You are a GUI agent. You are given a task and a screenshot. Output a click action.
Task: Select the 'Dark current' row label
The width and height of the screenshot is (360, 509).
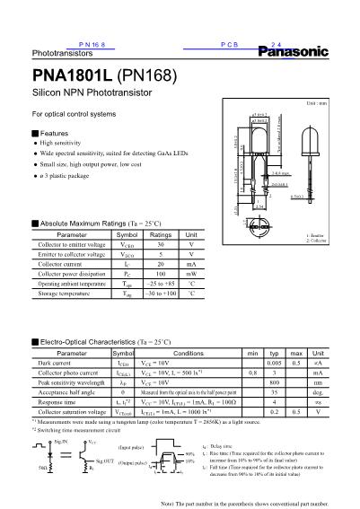click(x=55, y=364)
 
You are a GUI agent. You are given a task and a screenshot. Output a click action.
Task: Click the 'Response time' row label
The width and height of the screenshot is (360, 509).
click(x=58, y=402)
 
